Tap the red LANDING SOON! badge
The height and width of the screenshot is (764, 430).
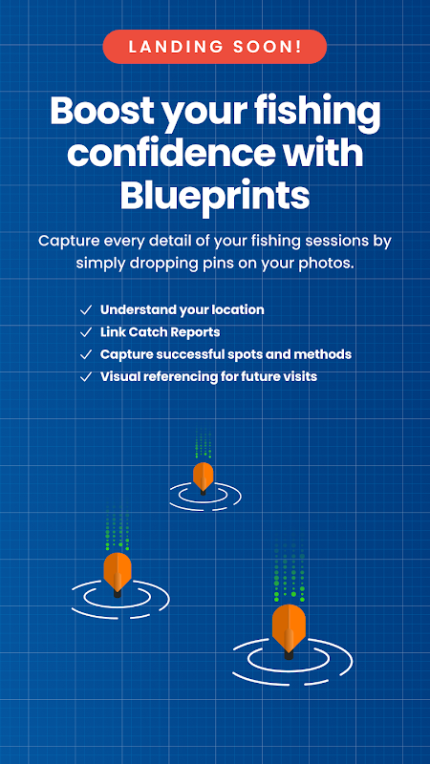(214, 47)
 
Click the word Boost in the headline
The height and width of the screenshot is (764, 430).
(102, 112)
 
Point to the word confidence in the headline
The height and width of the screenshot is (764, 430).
(171, 153)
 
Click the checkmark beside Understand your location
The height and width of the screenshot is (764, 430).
(86, 309)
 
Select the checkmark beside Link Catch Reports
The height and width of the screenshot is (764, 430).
(86, 332)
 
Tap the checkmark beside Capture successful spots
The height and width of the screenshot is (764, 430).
(86, 354)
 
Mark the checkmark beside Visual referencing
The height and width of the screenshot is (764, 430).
(86, 377)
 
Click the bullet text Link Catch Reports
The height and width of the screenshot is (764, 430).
(160, 332)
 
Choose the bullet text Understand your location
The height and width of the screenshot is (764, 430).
(182, 309)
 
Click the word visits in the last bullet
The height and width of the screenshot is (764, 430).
(301, 376)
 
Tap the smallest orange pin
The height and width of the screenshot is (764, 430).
(204, 478)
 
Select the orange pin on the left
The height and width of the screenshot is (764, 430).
(118, 574)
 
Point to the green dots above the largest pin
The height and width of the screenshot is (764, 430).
(290, 571)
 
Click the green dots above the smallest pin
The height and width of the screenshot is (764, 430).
(204, 443)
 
